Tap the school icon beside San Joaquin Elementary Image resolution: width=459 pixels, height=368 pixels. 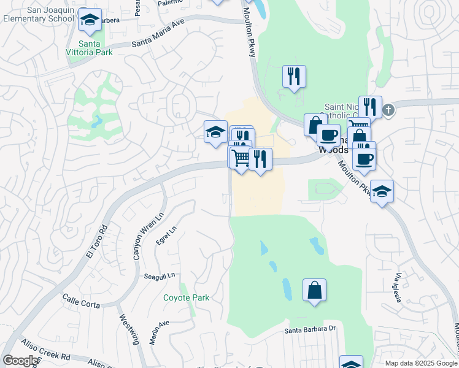[90, 22]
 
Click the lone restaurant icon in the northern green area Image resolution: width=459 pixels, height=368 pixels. [294, 77]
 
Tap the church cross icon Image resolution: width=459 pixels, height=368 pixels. [388, 110]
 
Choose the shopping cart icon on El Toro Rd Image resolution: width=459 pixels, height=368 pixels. [241, 158]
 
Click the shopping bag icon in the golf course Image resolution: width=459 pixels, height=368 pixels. [314, 291]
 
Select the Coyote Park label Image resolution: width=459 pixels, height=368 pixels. [186, 298]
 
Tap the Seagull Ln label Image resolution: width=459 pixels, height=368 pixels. [160, 275]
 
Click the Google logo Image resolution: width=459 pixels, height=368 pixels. [20, 361]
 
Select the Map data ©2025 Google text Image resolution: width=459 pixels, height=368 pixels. [420, 363]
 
